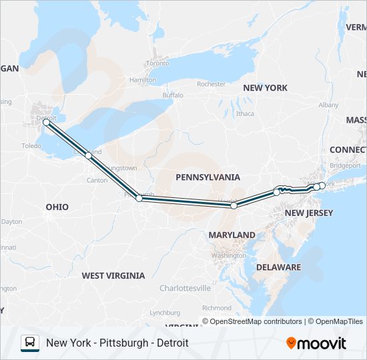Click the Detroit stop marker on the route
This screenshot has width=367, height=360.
click(x=46, y=123)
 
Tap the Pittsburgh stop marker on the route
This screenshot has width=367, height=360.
click(x=139, y=198)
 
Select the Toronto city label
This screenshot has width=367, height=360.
click(x=158, y=64)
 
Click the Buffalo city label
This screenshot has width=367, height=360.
click(x=172, y=95)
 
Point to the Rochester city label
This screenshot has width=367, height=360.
click(x=211, y=84)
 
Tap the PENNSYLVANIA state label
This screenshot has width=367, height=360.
click(x=208, y=177)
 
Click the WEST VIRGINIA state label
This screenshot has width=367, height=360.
click(x=113, y=275)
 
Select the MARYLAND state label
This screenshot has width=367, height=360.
click(x=232, y=235)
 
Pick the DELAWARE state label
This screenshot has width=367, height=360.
click(x=279, y=267)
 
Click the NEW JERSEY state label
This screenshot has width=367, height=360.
click(x=308, y=213)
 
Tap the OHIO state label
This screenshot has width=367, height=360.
click(x=57, y=207)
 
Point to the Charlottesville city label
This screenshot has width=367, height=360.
click(x=185, y=288)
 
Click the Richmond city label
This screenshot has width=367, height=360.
click(x=216, y=308)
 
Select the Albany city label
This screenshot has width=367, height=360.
click(x=328, y=105)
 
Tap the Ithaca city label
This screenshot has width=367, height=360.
click(x=245, y=113)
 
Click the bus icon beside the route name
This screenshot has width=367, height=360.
click(x=29, y=343)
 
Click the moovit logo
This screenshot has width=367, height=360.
click(x=316, y=343)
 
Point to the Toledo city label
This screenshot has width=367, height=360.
click(x=31, y=145)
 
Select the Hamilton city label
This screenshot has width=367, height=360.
click(x=143, y=80)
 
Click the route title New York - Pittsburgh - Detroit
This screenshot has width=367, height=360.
click(x=117, y=343)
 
